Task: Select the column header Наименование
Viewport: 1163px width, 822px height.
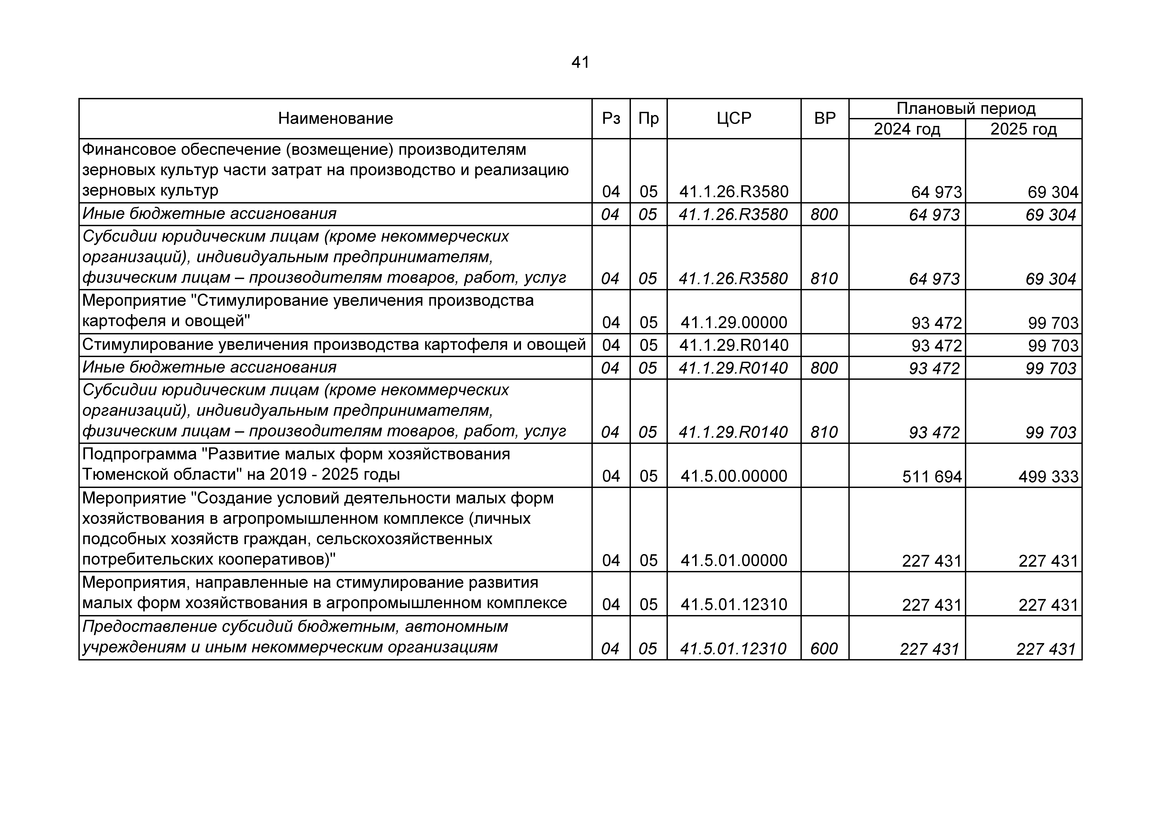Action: (335, 118)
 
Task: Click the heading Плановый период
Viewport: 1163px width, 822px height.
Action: (965, 108)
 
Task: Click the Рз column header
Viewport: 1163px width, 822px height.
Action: (611, 118)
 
